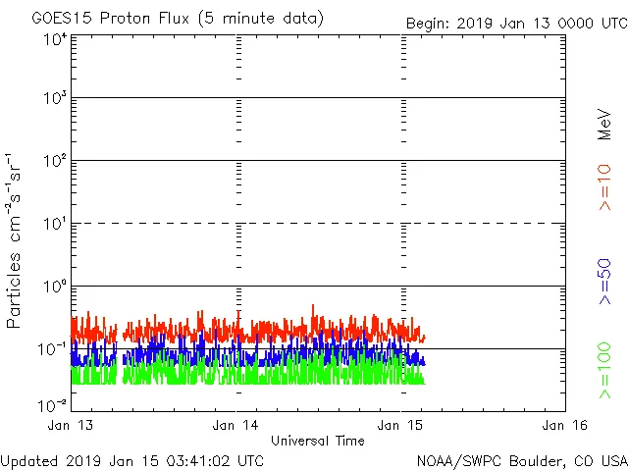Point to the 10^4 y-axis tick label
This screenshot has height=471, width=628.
click(x=55, y=39)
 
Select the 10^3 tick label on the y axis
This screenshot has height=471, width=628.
click(x=55, y=98)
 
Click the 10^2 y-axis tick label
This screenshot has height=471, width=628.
click(x=55, y=160)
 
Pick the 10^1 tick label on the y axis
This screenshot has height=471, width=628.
click(x=55, y=223)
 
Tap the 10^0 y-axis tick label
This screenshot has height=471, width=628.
click(x=55, y=286)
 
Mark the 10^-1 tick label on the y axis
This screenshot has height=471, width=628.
click(x=53, y=348)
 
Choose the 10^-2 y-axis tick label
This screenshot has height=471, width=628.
click(x=53, y=403)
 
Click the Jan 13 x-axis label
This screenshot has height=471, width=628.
click(x=72, y=425)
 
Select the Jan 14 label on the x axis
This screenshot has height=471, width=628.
click(x=236, y=425)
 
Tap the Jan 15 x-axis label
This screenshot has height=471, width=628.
click(x=401, y=425)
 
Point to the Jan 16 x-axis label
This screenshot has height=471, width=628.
click(x=565, y=425)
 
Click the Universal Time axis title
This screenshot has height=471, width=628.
click(x=318, y=441)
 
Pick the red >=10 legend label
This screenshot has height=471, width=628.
click(x=604, y=187)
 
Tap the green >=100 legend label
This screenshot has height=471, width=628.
click(x=604, y=371)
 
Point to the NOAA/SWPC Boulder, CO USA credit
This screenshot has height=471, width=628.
click(x=521, y=459)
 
